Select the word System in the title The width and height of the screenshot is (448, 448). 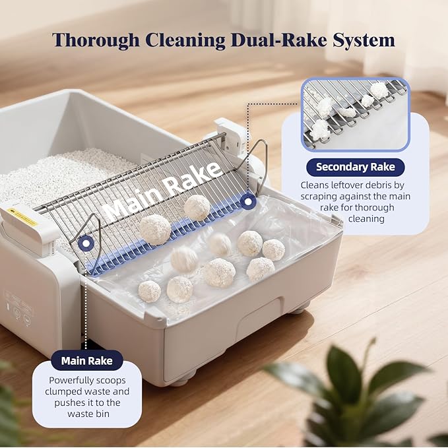pos(364,40)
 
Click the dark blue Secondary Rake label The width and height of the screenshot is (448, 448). pos(354,167)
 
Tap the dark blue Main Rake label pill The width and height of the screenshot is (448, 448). pos(86,361)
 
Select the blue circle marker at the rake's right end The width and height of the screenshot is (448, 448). pos(248,201)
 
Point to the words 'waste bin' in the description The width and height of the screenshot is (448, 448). pos(86,414)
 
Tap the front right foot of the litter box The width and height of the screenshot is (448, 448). pos(299,308)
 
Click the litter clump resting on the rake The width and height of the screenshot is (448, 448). pos(196,207)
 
